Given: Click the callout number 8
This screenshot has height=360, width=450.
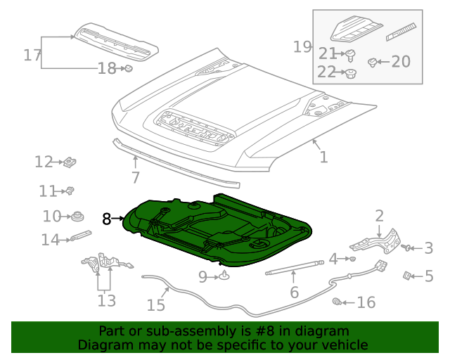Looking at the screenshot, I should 106,219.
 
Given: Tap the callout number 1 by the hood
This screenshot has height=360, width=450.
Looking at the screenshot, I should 323,157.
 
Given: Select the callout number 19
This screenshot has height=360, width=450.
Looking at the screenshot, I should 302,47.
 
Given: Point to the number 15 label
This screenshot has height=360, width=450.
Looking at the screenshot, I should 155,304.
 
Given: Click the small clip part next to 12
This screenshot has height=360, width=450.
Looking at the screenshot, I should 70,163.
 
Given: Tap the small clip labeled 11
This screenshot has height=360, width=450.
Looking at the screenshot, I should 70,191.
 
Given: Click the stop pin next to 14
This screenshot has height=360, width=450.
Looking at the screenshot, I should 79,237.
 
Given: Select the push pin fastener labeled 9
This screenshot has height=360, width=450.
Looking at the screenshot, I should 224,276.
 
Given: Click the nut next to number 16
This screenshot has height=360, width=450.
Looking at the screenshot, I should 336,302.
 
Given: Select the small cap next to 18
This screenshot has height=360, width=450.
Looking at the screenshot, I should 129,68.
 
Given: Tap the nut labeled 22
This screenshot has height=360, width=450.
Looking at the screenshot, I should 349,72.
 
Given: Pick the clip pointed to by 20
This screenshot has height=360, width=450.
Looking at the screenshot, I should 373,62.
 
